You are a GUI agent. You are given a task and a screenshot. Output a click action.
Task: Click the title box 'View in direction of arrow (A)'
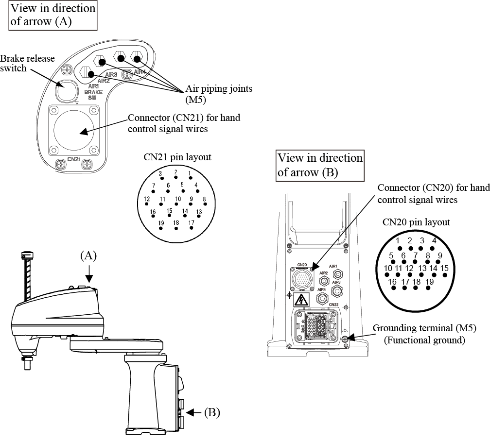pos(52,15)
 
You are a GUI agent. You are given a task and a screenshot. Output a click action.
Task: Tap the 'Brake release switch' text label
pos(27,63)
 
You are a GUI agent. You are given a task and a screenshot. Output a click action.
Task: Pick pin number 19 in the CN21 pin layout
pos(161,223)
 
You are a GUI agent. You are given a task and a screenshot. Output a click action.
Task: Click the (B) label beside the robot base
pos(212,413)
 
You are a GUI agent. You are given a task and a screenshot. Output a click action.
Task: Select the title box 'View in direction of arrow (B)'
pos(319,165)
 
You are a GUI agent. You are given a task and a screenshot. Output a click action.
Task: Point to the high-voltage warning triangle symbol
pos(301,300)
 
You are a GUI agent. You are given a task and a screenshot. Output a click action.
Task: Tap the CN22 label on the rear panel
pos(333,305)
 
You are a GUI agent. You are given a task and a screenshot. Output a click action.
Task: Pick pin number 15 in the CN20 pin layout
pos(444,269)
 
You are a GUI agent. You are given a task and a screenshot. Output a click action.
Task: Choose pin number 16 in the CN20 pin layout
pos(393,282)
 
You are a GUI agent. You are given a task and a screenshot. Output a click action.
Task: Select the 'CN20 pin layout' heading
pos(416,222)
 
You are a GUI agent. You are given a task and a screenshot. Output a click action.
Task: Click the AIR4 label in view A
pos(139,72)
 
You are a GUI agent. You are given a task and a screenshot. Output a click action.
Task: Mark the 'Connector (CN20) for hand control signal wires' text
pos(434,194)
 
